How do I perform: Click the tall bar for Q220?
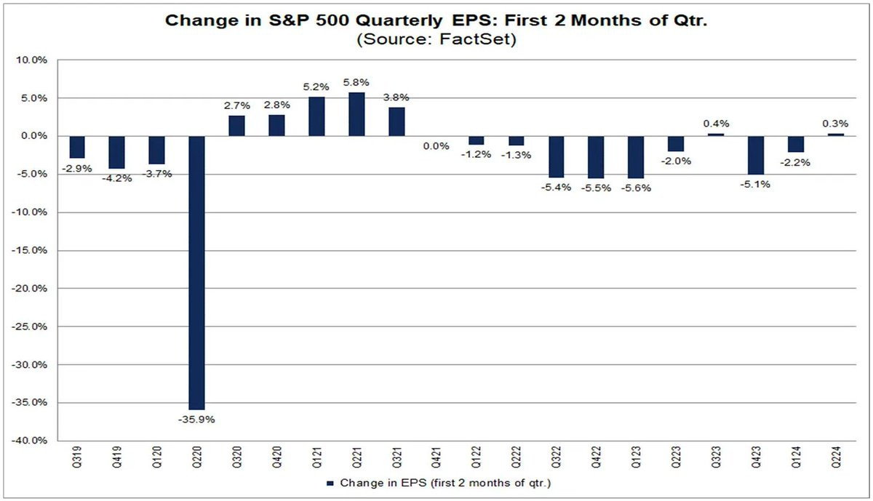pos(196,273)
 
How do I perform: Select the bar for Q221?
pos(356,114)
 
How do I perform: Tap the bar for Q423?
pos(756,156)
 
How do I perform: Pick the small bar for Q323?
pos(716,135)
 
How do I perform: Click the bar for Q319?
pos(77,148)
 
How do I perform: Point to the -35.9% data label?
pos(196,420)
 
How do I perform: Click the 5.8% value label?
pos(356,83)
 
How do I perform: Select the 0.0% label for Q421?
pos(436,146)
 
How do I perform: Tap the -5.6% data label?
pos(636,188)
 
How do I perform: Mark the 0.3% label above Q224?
pos(835,124)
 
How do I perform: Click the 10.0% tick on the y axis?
pos(31,60)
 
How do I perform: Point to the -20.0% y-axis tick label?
pos(29,289)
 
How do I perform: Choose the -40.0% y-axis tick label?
pos(29,441)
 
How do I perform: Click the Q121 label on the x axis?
pos(316,457)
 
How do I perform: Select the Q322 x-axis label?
pos(556,457)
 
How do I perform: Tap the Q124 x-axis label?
pos(796,457)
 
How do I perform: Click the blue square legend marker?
pos(330,484)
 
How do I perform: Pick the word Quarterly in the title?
pos(399,21)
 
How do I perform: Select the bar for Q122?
pos(477,140)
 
